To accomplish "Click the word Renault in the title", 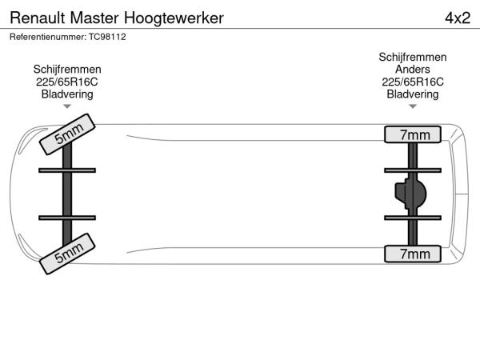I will pos(38,17).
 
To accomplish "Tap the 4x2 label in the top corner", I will pos(457,17).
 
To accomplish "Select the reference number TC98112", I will pos(108,37).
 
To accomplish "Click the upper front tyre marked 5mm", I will pos(68,134).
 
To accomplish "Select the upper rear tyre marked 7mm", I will pos(414,134).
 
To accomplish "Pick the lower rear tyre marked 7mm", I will pos(414,254).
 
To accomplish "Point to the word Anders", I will pos(413,70).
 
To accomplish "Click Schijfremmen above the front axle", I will pos(67,70).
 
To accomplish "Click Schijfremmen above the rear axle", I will pos(413,58).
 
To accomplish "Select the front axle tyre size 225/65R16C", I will pos(67,82).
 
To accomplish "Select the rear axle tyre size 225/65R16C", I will pos(413,82).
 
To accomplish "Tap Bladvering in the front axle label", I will pos(67,94).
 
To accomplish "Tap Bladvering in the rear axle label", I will pos(413,94).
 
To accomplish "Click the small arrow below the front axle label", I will pos(67,106).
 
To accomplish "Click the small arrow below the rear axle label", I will pos(413,106).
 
